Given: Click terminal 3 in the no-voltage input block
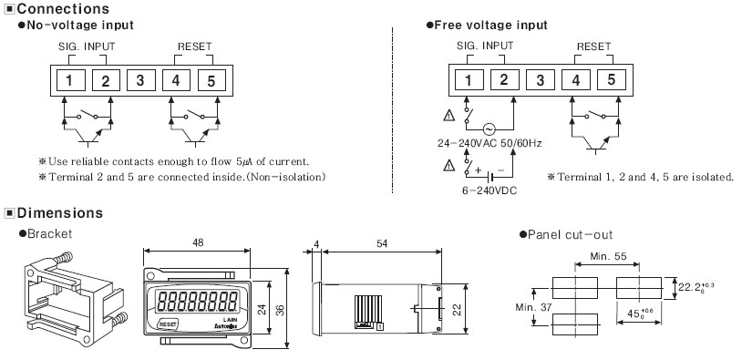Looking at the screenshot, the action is (x=140, y=80).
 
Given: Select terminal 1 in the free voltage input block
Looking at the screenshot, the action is (x=469, y=80).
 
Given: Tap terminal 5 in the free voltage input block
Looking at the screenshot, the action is (x=612, y=80).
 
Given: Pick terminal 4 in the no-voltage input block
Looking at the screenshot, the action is (x=176, y=80).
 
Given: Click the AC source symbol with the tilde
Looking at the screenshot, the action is (x=489, y=129).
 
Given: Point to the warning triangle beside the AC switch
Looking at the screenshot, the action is (x=449, y=115).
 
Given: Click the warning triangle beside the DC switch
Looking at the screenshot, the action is (x=449, y=165).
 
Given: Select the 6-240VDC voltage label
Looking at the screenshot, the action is (x=490, y=190).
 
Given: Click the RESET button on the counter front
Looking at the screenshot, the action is (x=168, y=324).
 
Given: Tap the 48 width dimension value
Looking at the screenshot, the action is (x=198, y=242).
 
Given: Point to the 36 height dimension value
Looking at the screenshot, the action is (x=280, y=310).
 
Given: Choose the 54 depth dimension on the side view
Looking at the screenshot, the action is (x=382, y=243).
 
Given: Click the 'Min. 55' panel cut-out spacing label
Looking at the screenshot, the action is (x=608, y=256).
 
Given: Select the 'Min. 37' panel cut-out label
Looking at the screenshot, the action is (x=533, y=307).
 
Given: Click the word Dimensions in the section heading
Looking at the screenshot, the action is (x=60, y=213).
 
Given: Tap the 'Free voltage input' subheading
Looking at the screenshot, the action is (x=490, y=26).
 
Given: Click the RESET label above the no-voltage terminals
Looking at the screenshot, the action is (x=194, y=46).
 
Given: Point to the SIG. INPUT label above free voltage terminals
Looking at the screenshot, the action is (x=485, y=46).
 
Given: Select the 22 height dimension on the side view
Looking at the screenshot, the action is (x=457, y=309).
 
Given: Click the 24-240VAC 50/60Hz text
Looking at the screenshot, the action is (x=490, y=143).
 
